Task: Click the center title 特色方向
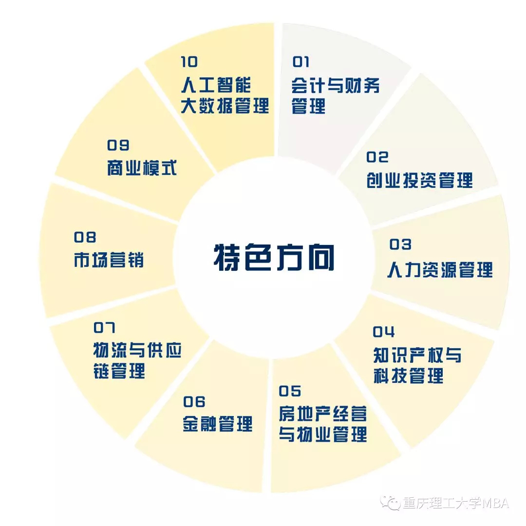(x=274, y=257)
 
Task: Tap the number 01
(x=301, y=62)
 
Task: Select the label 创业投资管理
(x=419, y=181)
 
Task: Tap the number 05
(x=290, y=391)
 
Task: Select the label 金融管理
(x=218, y=424)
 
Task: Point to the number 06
(x=194, y=402)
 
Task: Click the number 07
(x=104, y=328)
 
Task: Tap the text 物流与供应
(x=137, y=350)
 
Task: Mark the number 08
(x=85, y=237)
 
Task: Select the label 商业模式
(x=142, y=169)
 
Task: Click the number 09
(x=118, y=145)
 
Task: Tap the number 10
(x=189, y=62)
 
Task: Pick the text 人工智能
(x=216, y=85)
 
